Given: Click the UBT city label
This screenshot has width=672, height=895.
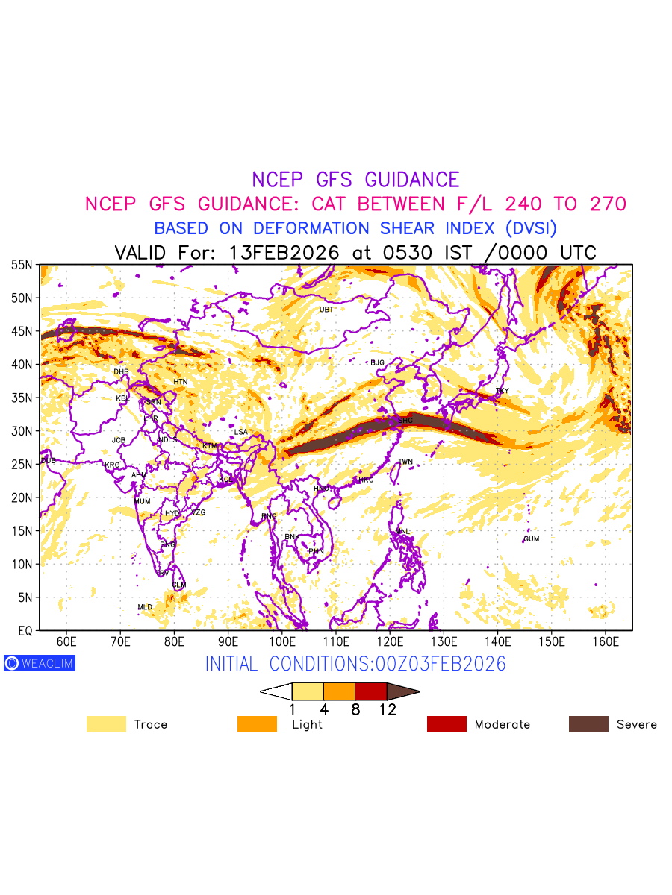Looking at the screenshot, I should pos(326,310).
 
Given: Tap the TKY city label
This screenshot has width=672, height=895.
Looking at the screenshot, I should pos(502,391).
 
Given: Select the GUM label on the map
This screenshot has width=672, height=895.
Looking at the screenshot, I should pos(531,538).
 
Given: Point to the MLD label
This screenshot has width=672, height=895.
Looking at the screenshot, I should pos(145,607).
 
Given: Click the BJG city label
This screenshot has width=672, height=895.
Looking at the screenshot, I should pos(377,362).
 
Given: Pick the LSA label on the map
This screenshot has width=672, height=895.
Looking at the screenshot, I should pos(240,432).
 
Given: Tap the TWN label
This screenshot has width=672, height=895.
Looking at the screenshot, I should pos(405,462).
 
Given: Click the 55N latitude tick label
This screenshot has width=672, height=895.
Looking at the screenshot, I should pos(22,265).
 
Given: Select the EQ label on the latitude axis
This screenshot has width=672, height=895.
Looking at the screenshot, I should pos(25,631).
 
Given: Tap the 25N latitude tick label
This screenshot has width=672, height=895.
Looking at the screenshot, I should pos(22,465).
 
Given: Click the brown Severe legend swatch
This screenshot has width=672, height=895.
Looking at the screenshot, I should pos(588,724).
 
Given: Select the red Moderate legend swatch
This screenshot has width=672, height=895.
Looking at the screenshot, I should pos(447,724).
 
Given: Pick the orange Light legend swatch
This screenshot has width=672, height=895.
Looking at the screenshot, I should pos(257,724).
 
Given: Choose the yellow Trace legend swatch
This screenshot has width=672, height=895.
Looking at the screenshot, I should pos(106,724).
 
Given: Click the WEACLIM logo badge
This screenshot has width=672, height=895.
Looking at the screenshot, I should pos(40,663).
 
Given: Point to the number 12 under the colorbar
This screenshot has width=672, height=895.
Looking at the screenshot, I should pos(388,710).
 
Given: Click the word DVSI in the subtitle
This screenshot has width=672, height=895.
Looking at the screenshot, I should pos(531,228).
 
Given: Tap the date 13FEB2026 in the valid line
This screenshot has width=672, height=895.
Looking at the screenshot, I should pos(284,253).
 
